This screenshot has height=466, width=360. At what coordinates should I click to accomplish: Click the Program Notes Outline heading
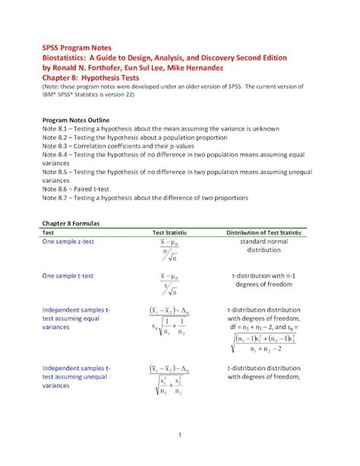tap(76, 120)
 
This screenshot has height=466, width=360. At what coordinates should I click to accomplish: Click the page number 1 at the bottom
tap(179, 435)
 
